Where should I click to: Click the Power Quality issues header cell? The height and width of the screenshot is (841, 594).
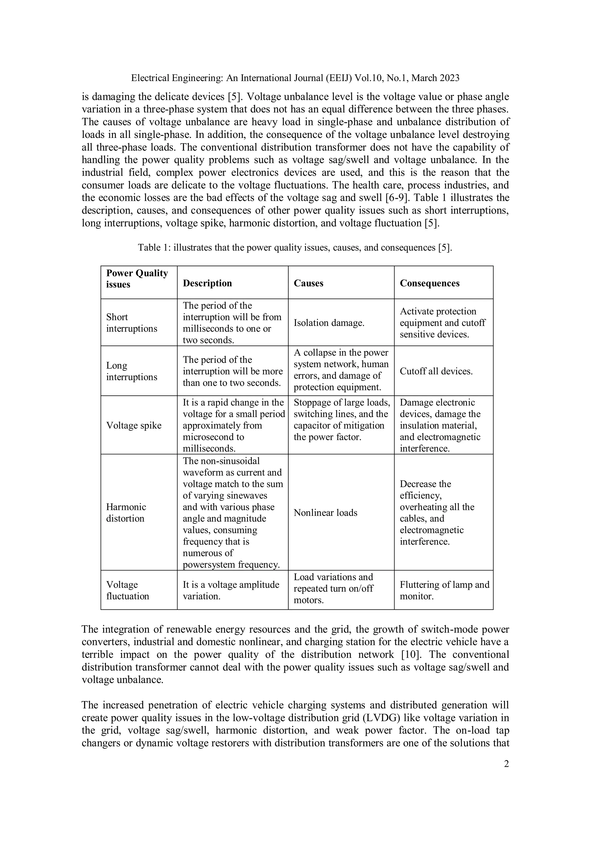[137, 279]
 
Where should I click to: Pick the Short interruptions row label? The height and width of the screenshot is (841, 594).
[131, 323]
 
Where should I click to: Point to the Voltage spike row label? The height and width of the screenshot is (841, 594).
[134, 425]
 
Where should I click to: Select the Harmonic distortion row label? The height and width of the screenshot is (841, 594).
[126, 512]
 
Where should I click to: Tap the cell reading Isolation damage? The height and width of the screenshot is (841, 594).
[329, 323]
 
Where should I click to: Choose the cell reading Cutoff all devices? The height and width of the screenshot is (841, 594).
[436, 371]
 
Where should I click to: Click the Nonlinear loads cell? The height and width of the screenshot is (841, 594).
[325, 512]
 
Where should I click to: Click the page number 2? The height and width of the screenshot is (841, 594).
[506, 764]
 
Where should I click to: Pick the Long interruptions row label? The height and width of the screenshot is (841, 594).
[131, 371]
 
